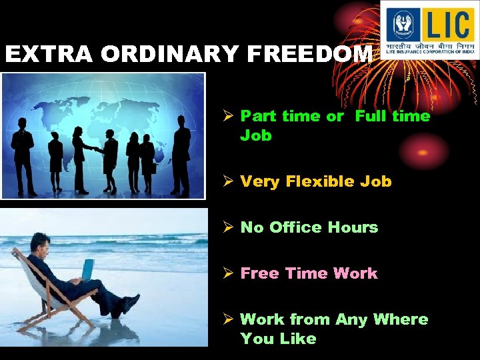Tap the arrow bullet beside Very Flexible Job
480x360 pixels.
pyautogui.click(x=227, y=181)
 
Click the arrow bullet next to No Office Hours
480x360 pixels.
pyautogui.click(x=227, y=227)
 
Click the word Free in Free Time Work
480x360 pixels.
pyautogui.click(x=259, y=273)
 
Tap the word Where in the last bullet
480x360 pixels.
pyautogui.click(x=400, y=319)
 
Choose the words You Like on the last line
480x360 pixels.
pyautogui.click(x=278, y=339)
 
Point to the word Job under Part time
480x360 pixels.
pyautogui.click(x=256, y=135)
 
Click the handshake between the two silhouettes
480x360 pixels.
pyautogui.click(x=100, y=151)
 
